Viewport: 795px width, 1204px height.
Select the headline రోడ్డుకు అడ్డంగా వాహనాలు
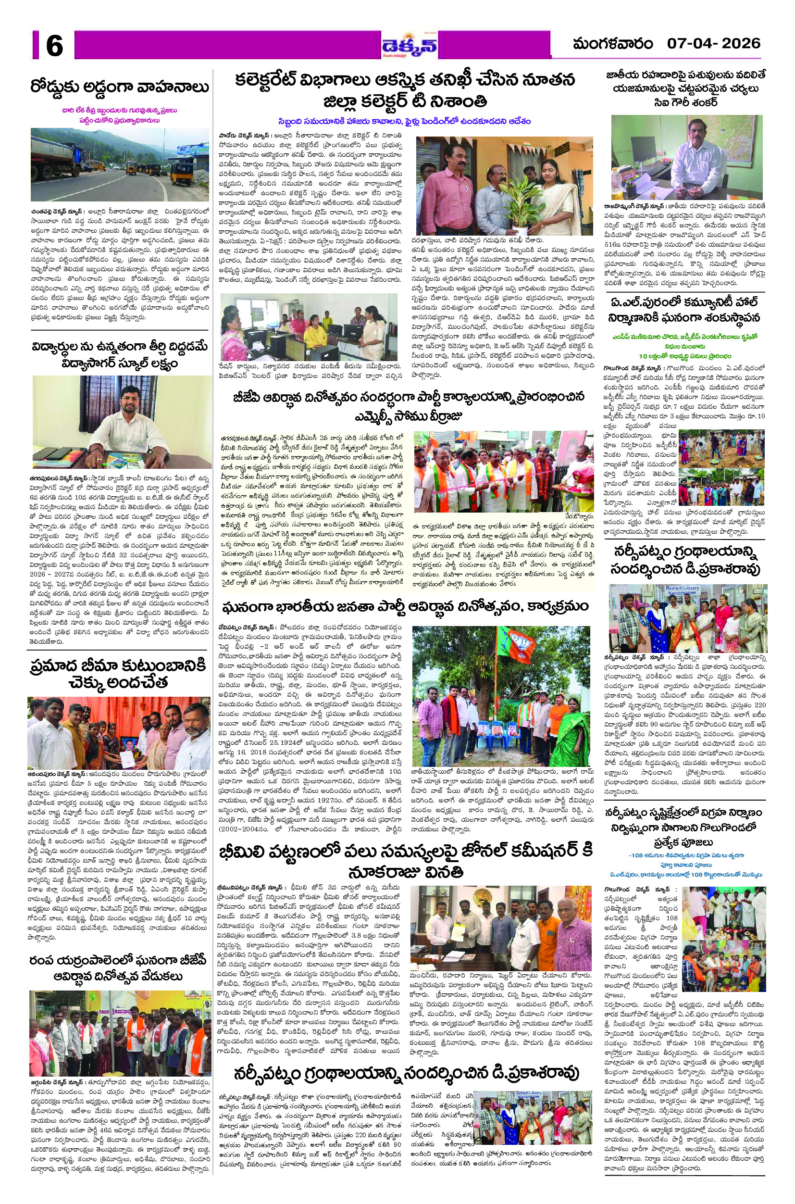click(x=120, y=87)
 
